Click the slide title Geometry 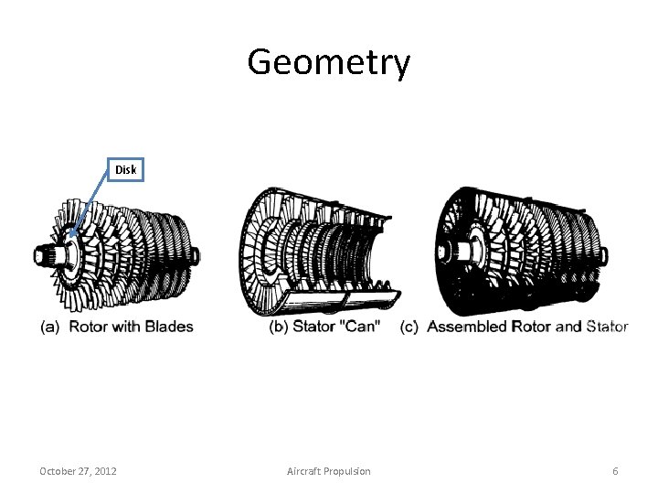click(328, 63)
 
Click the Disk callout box click(124, 169)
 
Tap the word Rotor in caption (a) click(89, 327)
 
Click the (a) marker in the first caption click(50, 327)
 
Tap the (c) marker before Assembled click(409, 327)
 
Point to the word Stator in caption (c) click(607, 327)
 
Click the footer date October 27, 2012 click(78, 471)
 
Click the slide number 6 click(615, 471)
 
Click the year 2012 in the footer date click(104, 471)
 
